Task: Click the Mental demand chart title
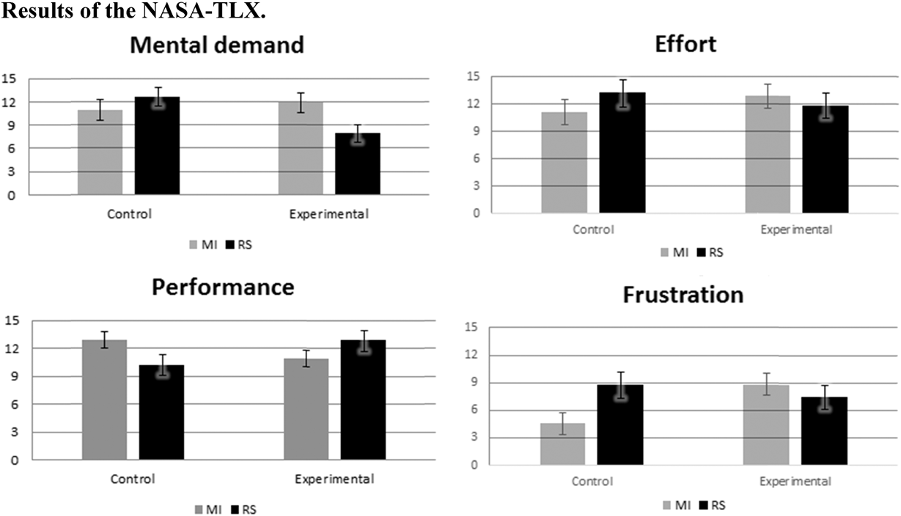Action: point(216,45)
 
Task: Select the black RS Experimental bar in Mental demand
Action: point(357,164)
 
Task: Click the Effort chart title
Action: point(685,44)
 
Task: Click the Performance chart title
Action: point(223,287)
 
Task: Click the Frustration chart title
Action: point(683,295)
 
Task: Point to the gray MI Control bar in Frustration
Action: point(562,444)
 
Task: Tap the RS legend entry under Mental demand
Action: point(244,244)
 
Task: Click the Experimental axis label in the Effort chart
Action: point(796,229)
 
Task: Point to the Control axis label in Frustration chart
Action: point(593,482)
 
